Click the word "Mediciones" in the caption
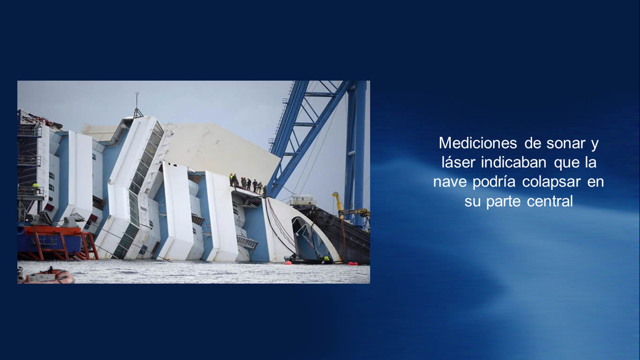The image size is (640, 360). tap(478, 143)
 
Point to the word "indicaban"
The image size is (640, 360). tap(513, 162)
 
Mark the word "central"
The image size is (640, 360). tap(550, 201)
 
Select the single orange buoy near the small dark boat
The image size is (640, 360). tap(288, 262)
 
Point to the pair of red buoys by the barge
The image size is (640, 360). tap(353, 263)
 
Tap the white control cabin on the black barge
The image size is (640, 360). tap(303, 200)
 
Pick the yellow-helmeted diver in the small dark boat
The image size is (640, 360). tap(326, 259)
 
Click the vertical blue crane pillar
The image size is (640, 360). tap(356, 151)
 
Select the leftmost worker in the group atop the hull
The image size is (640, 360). tap(231, 180)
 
